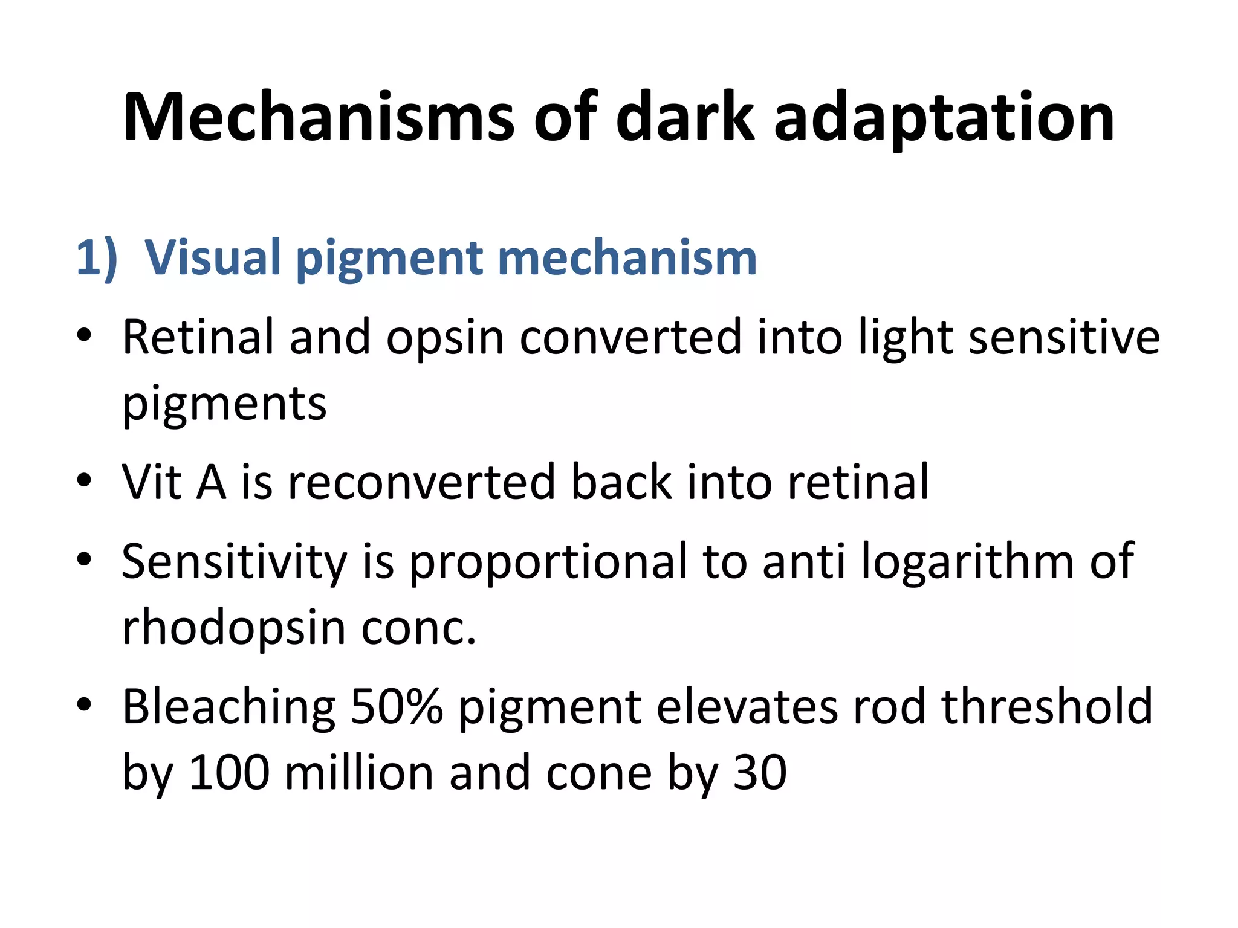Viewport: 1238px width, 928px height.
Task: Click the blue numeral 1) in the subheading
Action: tap(97, 258)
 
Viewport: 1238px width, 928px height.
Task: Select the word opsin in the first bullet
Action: tap(445, 337)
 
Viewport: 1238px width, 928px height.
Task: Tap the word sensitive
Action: tap(1064, 337)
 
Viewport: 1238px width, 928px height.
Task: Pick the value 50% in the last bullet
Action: tap(397, 707)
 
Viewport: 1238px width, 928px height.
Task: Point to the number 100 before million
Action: tap(229, 773)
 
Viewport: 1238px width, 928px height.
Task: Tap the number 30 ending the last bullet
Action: tap(760, 773)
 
